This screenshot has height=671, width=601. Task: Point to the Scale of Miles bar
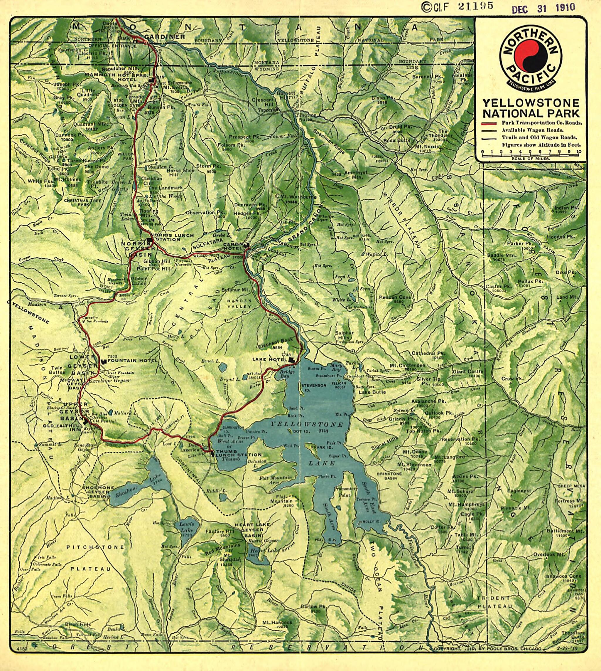click(x=530, y=154)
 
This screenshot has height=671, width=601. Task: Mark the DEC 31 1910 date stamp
click(x=543, y=8)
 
